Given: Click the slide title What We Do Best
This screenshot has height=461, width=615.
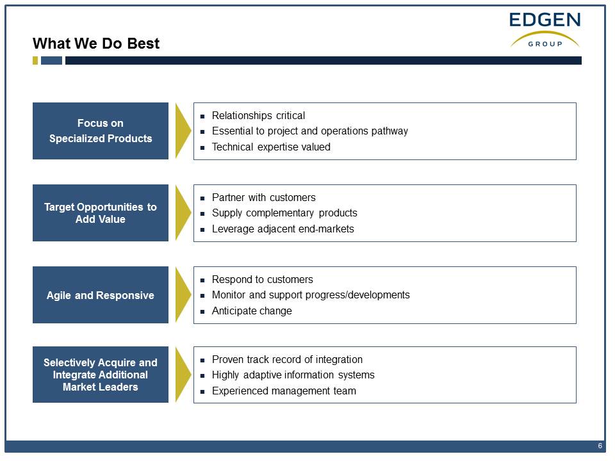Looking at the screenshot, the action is coord(96,44).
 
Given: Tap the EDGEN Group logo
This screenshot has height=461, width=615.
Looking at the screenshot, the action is coord(545,30).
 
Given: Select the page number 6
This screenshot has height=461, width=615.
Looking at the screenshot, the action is coord(600,446).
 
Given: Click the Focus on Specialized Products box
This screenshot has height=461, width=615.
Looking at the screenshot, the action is coord(101,131).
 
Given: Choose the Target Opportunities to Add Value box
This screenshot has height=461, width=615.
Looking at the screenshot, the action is coord(101,213).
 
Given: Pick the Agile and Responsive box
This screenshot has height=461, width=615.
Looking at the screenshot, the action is coord(101,295).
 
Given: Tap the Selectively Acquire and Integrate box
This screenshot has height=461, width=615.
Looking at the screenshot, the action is coord(101,375).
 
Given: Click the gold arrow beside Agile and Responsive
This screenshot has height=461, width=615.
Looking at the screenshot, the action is coord(183,295).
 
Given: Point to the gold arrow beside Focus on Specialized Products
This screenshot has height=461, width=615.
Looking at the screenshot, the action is coord(183,131).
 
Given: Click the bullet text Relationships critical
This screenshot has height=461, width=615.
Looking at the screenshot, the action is coord(258,116).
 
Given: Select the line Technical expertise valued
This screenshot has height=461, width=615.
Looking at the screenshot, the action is coord(271,147).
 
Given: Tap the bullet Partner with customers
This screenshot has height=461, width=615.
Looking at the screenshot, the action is coord(263,198).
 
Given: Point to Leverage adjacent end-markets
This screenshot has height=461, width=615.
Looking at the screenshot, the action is coord(283,229).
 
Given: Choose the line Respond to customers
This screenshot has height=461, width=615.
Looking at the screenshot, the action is coord(263,280).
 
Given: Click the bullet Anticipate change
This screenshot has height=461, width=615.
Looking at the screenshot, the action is coord(252,311).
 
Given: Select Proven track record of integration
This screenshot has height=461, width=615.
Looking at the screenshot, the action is coord(287,359).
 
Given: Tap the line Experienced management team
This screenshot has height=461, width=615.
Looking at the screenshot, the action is coord(284,391).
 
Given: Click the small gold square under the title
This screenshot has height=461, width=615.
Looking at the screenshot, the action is coord(35,60).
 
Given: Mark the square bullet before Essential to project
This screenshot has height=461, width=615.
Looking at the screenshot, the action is coord(202,132).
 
